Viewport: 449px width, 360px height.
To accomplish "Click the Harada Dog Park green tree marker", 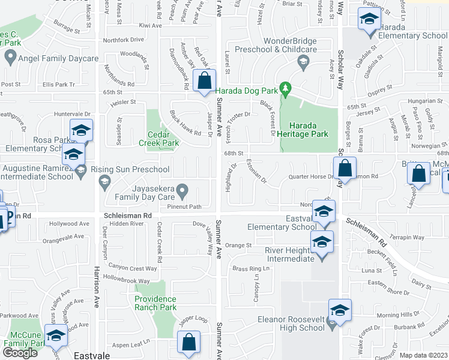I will [x=286, y=91].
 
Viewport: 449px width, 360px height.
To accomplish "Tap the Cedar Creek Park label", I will [x=159, y=139].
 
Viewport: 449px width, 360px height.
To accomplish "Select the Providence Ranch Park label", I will [x=155, y=303].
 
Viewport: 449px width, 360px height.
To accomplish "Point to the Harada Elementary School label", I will [x=413, y=35].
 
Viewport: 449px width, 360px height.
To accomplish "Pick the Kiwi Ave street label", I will [x=150, y=26].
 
